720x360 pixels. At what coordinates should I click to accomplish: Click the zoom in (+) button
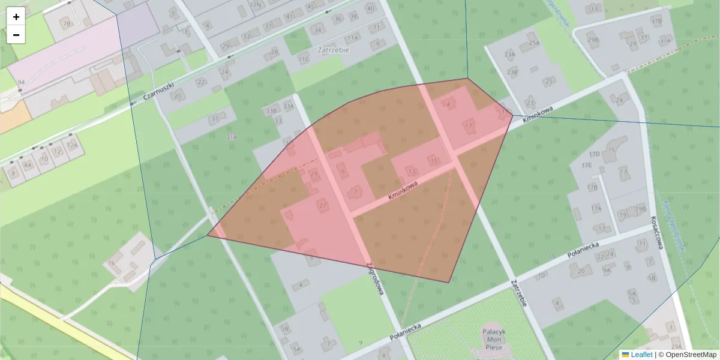pyautogui.click(x=16, y=17)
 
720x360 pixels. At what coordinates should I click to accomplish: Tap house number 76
pyautogui.click(x=111, y=263)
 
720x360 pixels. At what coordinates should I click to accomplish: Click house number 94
pyautogui.click(x=21, y=82)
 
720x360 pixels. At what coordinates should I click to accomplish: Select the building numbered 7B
pyautogui.click(x=67, y=23)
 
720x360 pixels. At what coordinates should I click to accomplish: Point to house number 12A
pyautogui.click(x=72, y=145)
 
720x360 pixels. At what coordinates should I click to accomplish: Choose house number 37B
pyautogui.click(x=656, y=21)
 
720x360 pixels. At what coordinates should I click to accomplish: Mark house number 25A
pyautogui.click(x=535, y=43)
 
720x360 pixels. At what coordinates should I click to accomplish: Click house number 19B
pyautogui.click(x=640, y=208)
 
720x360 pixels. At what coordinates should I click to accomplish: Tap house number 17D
pyautogui.click(x=594, y=154)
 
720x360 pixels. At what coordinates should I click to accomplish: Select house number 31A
pyautogui.click(x=232, y=137)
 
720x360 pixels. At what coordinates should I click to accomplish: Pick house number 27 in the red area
pyautogui.click(x=323, y=205)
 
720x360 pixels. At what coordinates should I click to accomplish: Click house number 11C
pyautogui.click(x=303, y=59)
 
